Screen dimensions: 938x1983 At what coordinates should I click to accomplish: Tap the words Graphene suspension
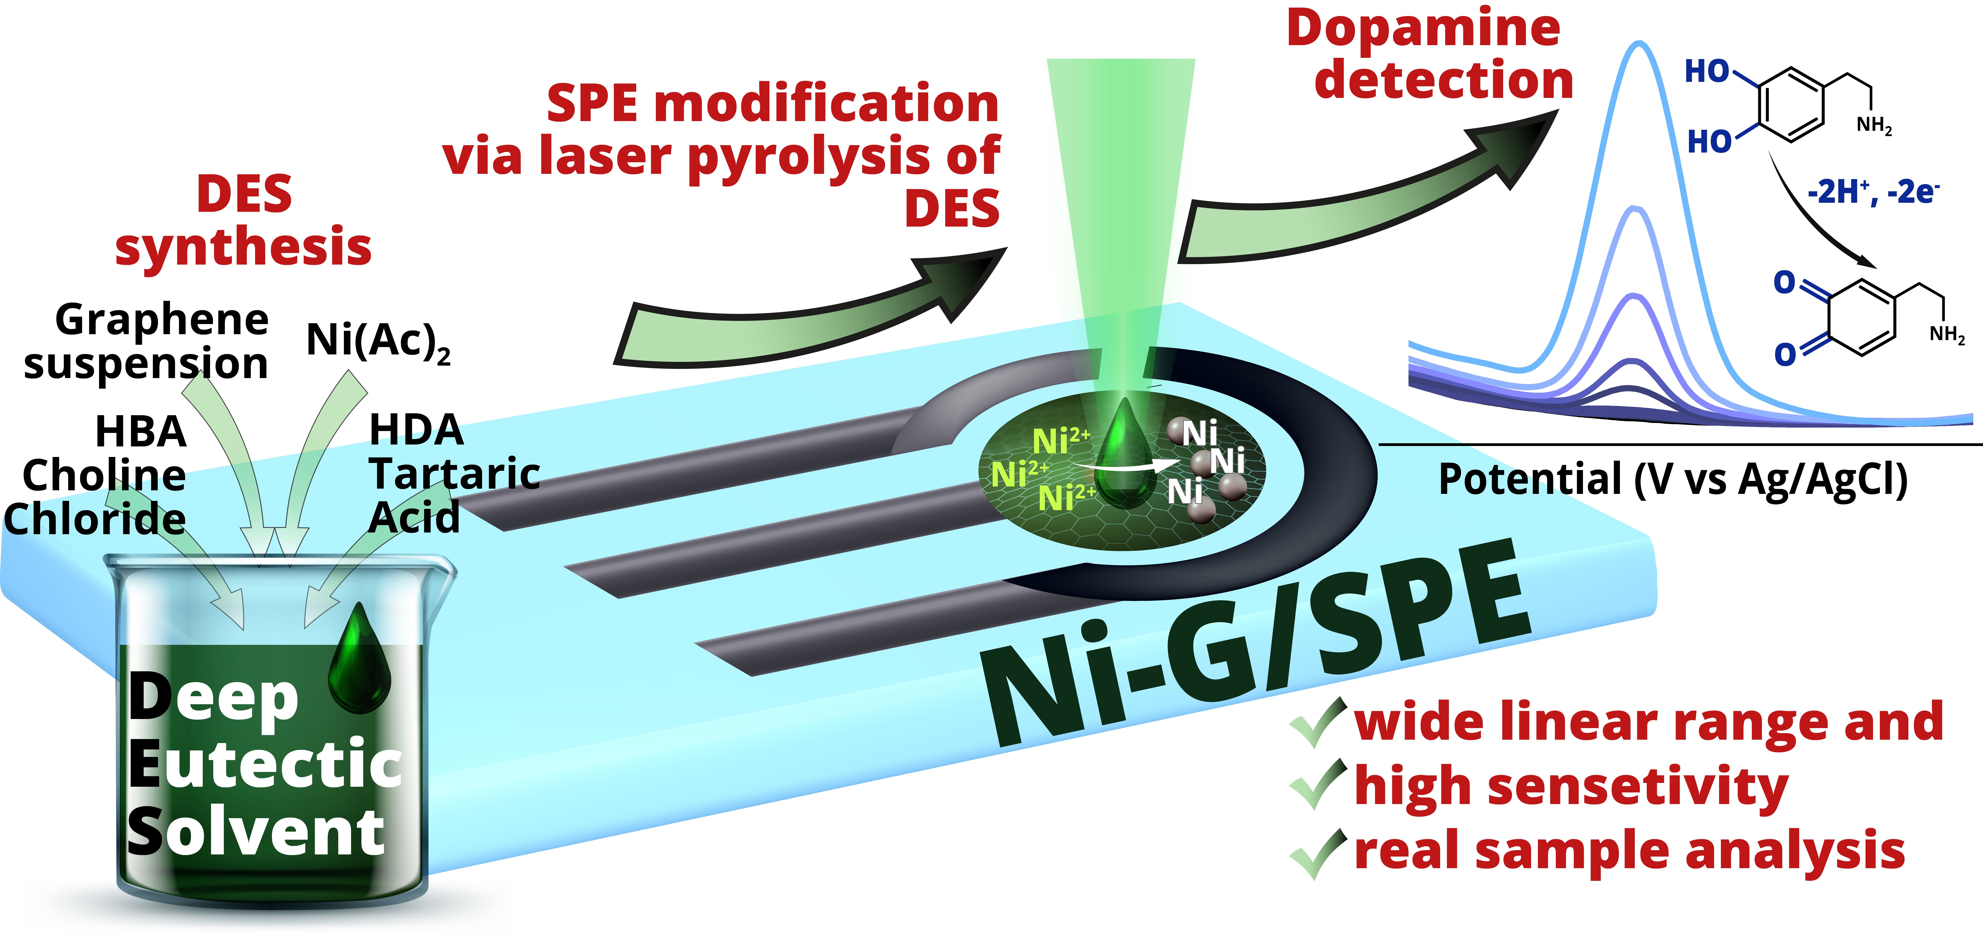(146, 341)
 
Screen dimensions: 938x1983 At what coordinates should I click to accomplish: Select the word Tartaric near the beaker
(454, 473)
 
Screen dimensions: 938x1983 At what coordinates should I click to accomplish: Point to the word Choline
(104, 475)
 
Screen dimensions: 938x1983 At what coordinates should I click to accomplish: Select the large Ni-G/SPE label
(1255, 646)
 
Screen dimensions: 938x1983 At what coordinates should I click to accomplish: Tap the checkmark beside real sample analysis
(1318, 852)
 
